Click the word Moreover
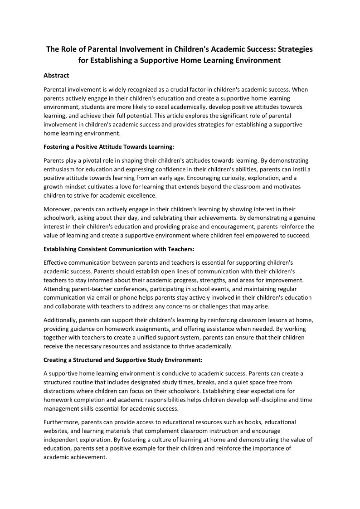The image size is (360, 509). pyautogui.click(x=57, y=209)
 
